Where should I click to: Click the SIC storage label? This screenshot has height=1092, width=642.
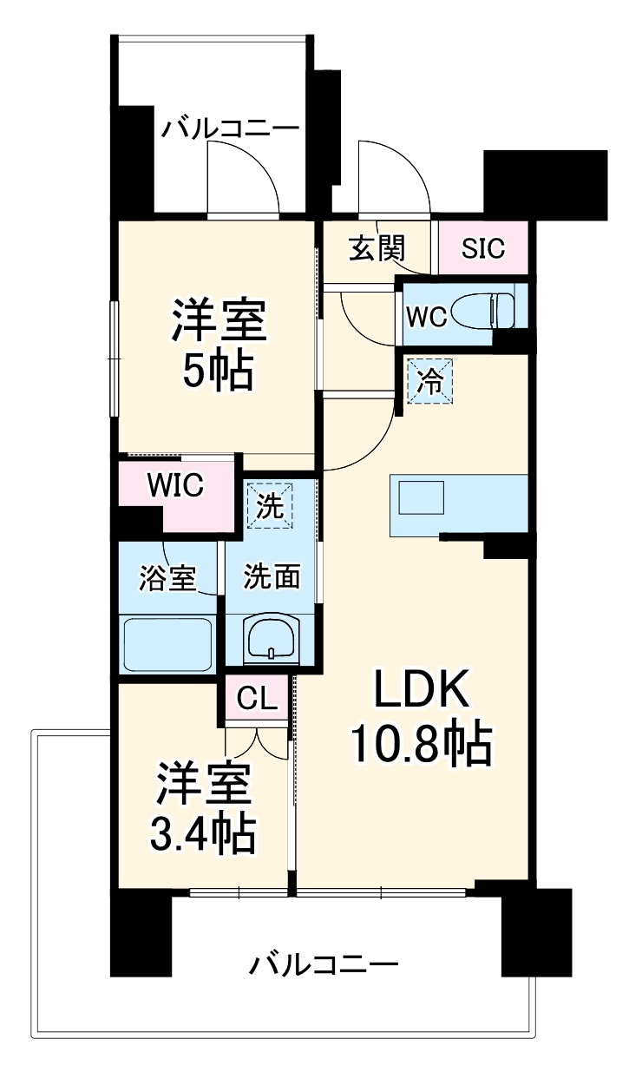coord(482,249)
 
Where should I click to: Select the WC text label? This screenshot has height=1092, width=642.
coord(427,317)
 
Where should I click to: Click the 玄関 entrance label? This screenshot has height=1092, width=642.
coord(377,249)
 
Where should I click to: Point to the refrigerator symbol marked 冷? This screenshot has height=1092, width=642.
coord(430,382)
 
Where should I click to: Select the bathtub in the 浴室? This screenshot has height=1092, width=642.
coord(169,643)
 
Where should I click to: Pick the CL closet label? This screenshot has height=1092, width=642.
coord(257,697)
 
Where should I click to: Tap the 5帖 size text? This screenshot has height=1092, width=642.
coord(217,371)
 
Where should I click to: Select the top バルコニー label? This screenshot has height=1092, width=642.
coord(230,128)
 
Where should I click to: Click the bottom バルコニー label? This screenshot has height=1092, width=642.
coord(324,964)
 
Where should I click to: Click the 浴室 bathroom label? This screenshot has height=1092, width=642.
coord(167,577)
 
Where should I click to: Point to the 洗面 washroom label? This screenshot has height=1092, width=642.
coord(271,576)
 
